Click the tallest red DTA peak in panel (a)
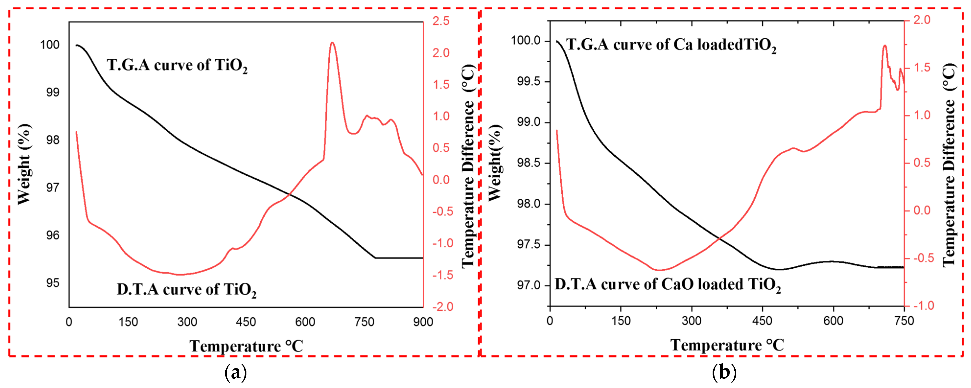tap(332, 43)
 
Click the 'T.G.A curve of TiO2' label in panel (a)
tap(177, 65)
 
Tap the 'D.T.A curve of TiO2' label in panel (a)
tap(186, 290)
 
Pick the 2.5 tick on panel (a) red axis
tap(441, 21)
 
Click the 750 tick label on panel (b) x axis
tap(904, 321)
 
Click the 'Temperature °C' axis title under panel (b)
tap(727, 345)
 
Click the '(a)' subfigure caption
tap(236, 373)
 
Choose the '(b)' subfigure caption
tap(724, 373)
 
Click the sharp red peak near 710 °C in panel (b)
tap(884, 46)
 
